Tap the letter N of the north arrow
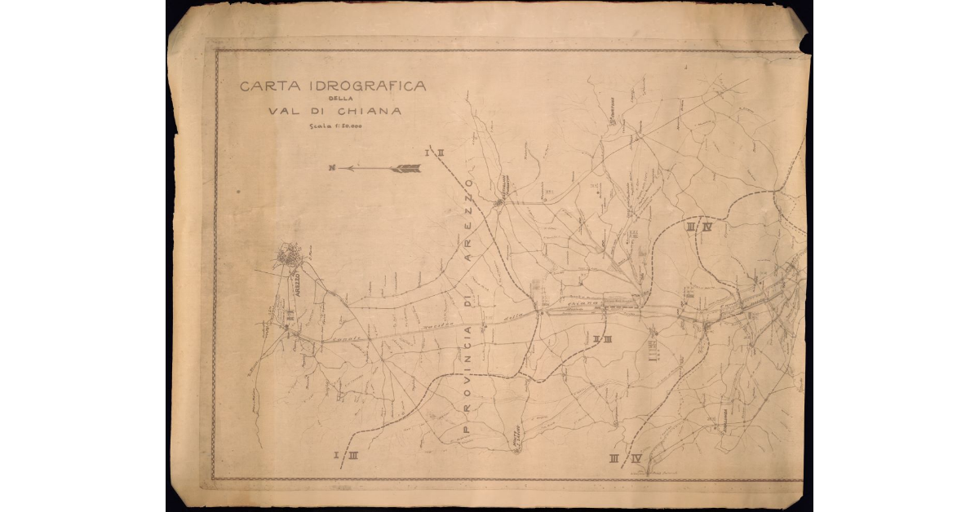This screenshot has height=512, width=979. point(332,168)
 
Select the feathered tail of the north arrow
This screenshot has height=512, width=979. point(405,169)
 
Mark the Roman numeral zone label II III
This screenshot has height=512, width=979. point(602,339)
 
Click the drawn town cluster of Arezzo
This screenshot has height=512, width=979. point(289,257)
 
